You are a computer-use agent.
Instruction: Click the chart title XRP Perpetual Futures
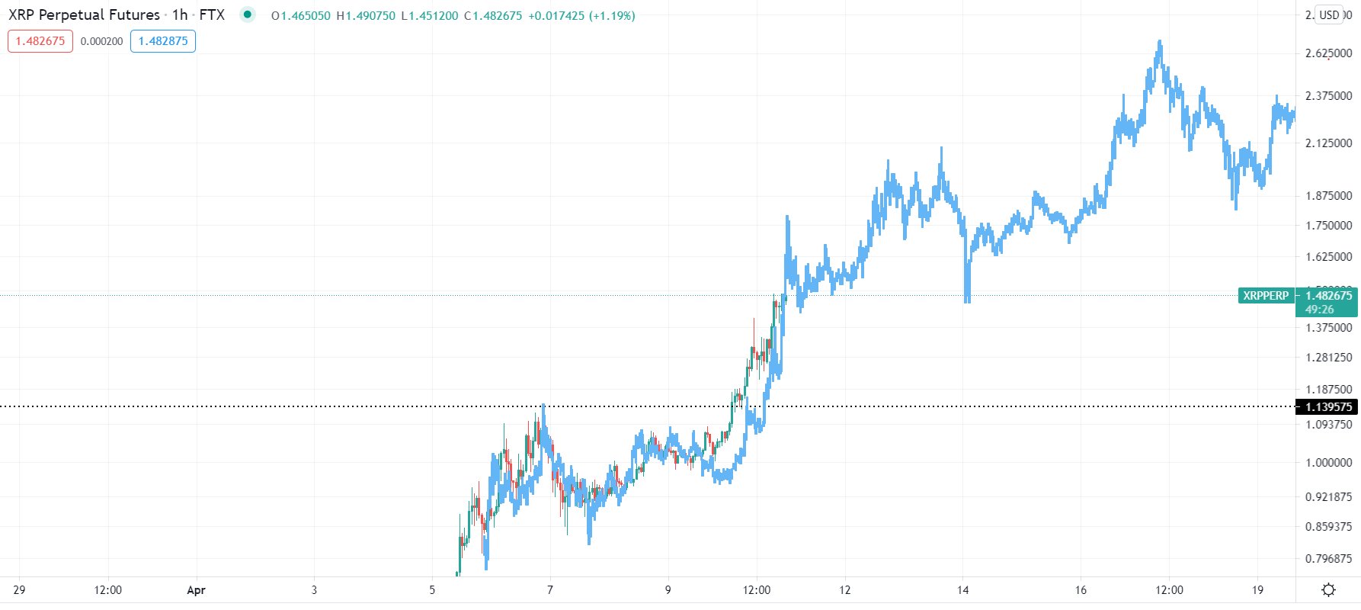tap(84, 15)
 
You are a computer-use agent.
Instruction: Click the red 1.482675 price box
tap(40, 41)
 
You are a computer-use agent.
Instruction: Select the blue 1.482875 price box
tap(163, 41)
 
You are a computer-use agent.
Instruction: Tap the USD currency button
tap(1329, 15)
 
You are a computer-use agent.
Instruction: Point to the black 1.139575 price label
tap(1328, 407)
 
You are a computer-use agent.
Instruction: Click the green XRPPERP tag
tap(1266, 296)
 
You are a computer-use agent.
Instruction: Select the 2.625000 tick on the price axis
tap(1328, 53)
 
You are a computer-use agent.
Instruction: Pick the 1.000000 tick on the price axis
tap(1328, 463)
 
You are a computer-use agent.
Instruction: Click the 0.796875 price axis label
tap(1328, 559)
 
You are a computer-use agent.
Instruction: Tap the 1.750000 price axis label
tap(1328, 226)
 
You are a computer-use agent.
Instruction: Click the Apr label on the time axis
tap(197, 590)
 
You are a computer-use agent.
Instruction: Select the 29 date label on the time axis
tap(19, 590)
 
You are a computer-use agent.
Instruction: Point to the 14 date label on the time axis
tap(962, 590)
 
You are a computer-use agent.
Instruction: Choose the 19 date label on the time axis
tap(1257, 590)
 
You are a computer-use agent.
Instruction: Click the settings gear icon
tap(1329, 590)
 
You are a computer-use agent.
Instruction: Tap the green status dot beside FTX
tap(247, 14)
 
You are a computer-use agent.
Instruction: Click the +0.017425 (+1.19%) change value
tap(581, 15)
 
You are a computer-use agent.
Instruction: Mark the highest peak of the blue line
tap(1160, 43)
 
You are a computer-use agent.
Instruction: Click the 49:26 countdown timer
tap(1319, 310)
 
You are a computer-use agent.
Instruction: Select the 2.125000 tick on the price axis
tap(1328, 143)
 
